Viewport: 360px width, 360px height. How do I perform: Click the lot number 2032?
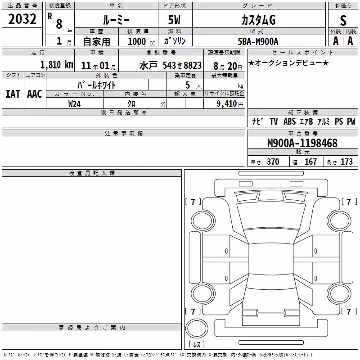[x=22, y=19]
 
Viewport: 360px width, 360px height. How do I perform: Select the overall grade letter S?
[x=343, y=20]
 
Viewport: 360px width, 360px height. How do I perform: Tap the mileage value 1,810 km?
[x=57, y=65]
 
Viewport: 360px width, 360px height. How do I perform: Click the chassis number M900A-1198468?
[x=302, y=143]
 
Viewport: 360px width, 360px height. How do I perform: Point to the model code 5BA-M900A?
[x=258, y=41]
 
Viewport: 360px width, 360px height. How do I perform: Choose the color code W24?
[x=74, y=104]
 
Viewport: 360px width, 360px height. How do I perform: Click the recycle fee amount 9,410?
[x=227, y=103]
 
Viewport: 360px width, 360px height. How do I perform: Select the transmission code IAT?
[x=13, y=94]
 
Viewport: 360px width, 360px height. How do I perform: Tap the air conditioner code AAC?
[x=35, y=94]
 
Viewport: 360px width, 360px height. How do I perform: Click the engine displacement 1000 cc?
[x=141, y=41]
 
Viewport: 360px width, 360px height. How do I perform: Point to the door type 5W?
[x=174, y=20]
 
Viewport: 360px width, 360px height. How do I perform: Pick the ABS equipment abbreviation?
[x=289, y=121]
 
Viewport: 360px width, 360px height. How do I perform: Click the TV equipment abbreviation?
[x=274, y=121]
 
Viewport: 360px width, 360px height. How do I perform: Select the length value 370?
[x=273, y=162]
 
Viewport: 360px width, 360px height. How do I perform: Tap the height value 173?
[x=346, y=162]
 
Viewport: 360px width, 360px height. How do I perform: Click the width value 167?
[x=310, y=162]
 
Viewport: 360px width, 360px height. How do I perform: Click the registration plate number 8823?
[x=193, y=65]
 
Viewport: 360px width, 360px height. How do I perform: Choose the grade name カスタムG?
[x=258, y=20]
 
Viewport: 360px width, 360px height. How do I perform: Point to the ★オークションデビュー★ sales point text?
[x=288, y=63]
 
